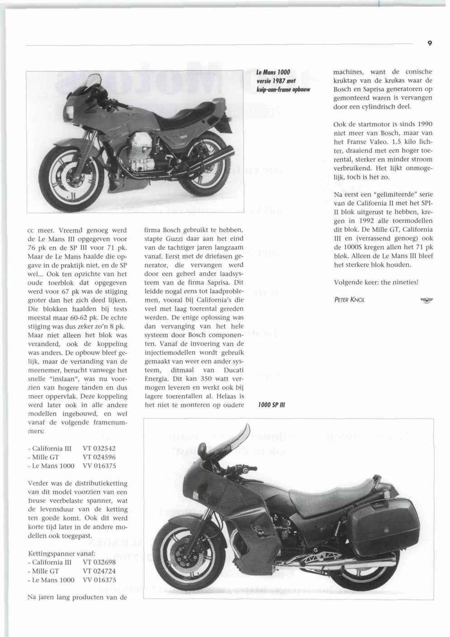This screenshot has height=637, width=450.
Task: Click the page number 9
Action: [429, 43]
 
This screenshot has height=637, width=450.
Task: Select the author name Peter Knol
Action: [349, 299]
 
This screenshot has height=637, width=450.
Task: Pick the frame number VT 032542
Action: [99, 449]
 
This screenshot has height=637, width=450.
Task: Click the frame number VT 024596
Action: [99, 457]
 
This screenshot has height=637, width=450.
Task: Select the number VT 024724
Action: [99, 571]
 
